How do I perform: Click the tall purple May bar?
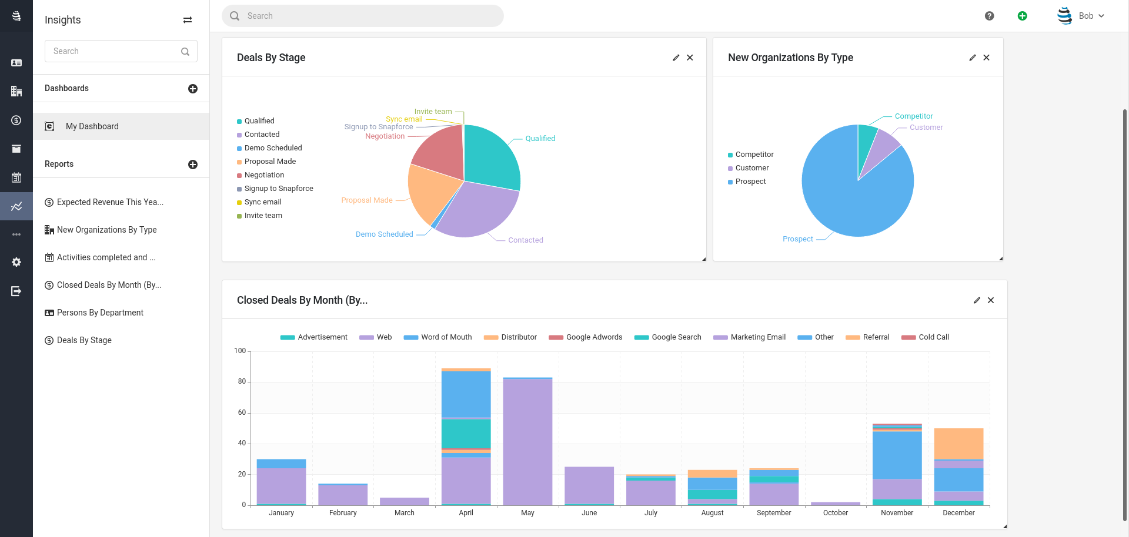[x=527, y=441]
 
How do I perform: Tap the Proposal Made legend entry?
[x=270, y=162]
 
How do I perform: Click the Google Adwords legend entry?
[x=593, y=337]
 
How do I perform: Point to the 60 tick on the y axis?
[x=242, y=412]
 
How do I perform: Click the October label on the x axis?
[x=835, y=513]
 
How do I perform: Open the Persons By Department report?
[x=100, y=313]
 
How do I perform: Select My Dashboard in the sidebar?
[x=92, y=126]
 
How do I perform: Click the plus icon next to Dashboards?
[x=193, y=89]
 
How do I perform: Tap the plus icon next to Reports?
[x=193, y=165]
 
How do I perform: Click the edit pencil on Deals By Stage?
[x=676, y=58]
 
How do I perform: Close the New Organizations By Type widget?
[x=986, y=58]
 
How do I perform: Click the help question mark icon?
[x=989, y=16]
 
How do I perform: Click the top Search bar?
[x=362, y=16]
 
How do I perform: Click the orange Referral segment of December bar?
[x=958, y=443]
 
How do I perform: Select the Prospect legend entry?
[x=750, y=182]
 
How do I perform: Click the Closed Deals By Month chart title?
[x=302, y=300]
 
